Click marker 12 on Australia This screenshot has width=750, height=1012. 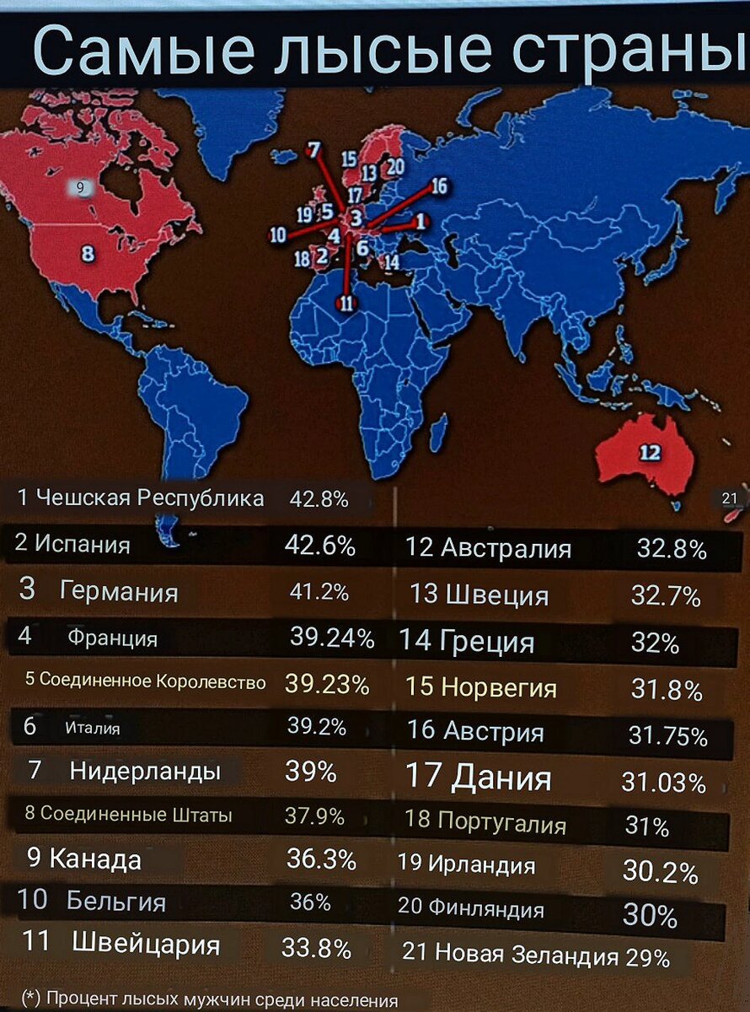650,453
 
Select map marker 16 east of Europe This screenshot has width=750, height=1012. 438,186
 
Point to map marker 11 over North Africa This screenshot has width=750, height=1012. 346,304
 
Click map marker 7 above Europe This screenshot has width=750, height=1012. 313,150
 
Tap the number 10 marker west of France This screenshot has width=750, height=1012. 278,235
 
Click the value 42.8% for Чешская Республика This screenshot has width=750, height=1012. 319,498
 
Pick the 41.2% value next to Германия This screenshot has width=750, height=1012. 319,592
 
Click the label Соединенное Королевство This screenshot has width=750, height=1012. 153,681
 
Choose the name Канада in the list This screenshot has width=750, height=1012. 95,859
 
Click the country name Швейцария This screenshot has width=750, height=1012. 146,944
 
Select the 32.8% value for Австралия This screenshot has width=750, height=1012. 671,550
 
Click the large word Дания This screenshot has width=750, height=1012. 501,778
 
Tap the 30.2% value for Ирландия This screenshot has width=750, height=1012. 660,870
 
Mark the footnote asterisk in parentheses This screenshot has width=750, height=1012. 30,999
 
